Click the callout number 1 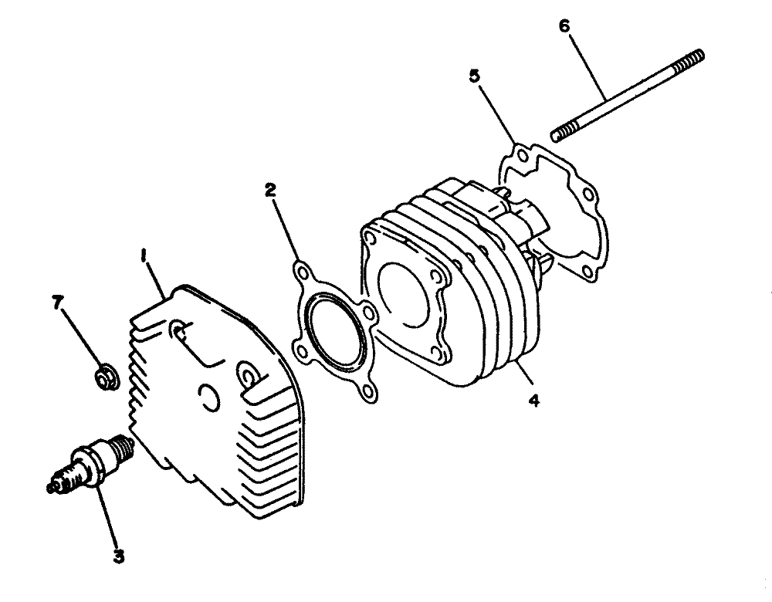[x=144, y=256]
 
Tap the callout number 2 [x=270, y=191]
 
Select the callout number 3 [x=118, y=556]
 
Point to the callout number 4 [x=534, y=401]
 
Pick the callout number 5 [x=474, y=76]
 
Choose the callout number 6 [x=564, y=26]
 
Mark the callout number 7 [x=58, y=303]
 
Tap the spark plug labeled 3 [x=91, y=463]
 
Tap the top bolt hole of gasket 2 [x=302, y=272]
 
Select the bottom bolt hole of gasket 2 [x=367, y=392]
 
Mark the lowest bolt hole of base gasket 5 [x=587, y=270]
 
